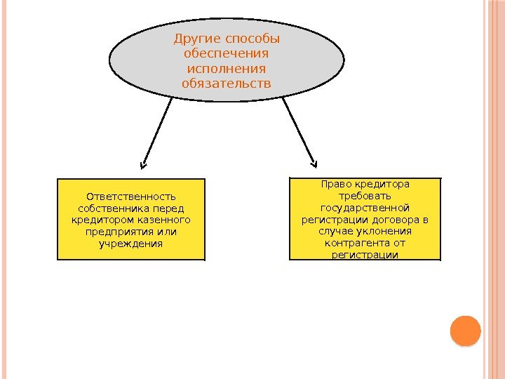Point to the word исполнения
[x=226, y=69]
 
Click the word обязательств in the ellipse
[x=226, y=84]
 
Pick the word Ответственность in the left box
[x=130, y=197]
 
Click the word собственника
[x=114, y=208]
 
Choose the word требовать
[x=365, y=197]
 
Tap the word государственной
[x=365, y=208]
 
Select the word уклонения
[x=385, y=232]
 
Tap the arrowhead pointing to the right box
[x=313, y=161]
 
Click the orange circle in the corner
[x=464, y=331]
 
